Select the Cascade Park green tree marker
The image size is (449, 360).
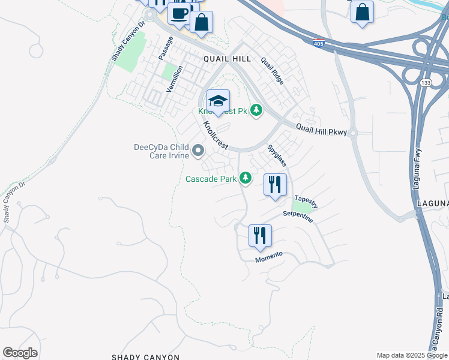[x=245, y=178]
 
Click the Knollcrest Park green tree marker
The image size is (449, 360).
[x=256, y=110]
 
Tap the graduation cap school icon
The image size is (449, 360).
[x=218, y=100]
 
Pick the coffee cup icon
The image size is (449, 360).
[x=179, y=14]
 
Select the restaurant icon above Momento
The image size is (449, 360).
[x=260, y=235]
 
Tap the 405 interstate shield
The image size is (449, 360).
[x=318, y=43]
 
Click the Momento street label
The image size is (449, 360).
[x=269, y=256]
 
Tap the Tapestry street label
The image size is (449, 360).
[x=306, y=201]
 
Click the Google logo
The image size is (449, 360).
[x=20, y=353]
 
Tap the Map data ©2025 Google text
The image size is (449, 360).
[x=412, y=355]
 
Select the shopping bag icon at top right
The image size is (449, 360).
[x=362, y=13]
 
